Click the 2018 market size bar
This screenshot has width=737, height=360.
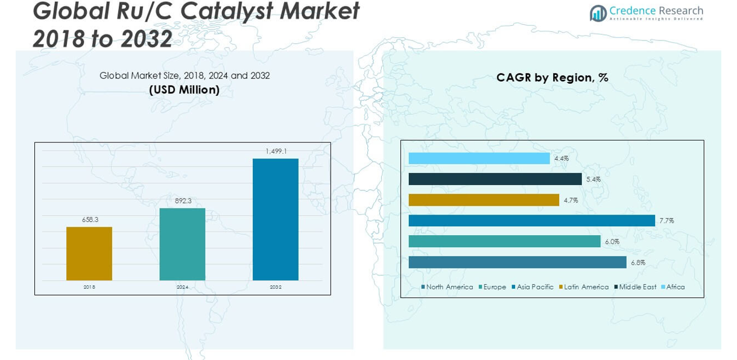coord(89,253)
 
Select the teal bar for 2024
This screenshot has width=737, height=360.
coord(182,244)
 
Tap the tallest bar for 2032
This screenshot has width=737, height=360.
coord(276,219)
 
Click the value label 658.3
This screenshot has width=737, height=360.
coord(89,219)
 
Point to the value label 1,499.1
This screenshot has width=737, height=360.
coord(276,151)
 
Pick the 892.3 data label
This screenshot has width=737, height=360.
coord(182,201)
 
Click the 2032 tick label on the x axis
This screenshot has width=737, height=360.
coord(276,287)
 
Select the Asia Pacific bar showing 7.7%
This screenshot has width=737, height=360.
coord(531,221)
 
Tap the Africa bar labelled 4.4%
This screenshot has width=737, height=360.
coord(479,159)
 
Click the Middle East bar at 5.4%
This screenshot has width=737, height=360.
coord(495,179)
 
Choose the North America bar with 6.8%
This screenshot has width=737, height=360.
coord(517,262)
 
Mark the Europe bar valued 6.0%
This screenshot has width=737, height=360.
coord(504,241)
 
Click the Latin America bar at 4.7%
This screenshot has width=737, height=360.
coord(484,200)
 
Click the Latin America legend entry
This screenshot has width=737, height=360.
coord(584,287)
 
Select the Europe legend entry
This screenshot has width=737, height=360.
coord(492,287)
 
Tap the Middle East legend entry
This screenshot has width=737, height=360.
coord(634,287)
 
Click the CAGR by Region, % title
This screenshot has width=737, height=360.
coord(552,77)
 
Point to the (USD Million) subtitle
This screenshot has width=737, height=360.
coord(184,90)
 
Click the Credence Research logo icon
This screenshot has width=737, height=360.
coord(598,13)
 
